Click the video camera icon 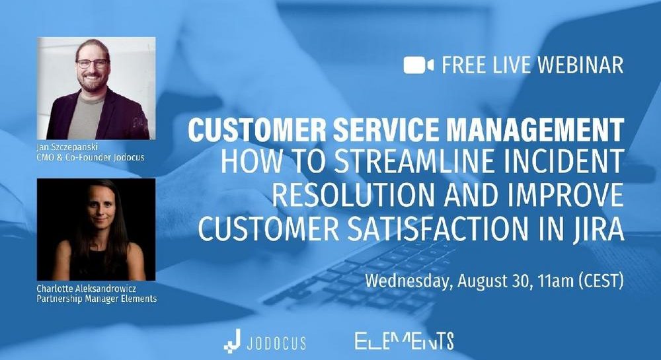[x=418, y=65]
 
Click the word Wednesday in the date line [x=408, y=281]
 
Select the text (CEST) [x=602, y=281]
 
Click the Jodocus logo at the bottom [x=265, y=341]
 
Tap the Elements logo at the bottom [x=405, y=341]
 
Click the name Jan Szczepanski [x=67, y=147]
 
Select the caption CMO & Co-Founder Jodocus [x=91, y=157]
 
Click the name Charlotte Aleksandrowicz [x=87, y=289]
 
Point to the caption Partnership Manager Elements [x=97, y=299]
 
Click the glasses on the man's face [x=92, y=63]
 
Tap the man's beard [x=92, y=82]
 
